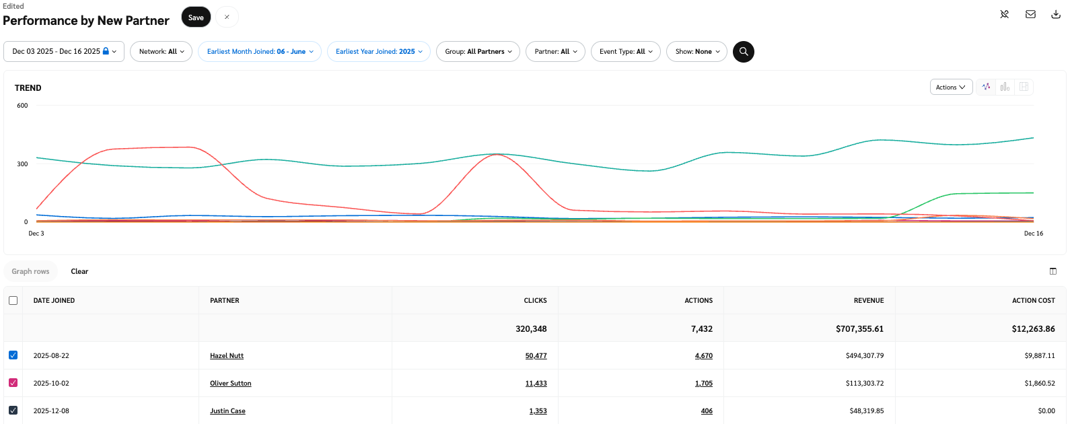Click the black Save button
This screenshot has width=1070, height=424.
click(x=196, y=17)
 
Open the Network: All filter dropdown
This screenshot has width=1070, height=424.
click(x=162, y=52)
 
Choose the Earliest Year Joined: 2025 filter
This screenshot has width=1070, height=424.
click(x=379, y=52)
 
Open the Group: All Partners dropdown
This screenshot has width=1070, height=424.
click(x=478, y=52)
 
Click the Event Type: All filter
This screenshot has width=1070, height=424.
click(x=626, y=52)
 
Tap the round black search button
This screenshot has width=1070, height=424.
click(x=744, y=52)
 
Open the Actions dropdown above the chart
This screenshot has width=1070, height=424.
click(x=950, y=87)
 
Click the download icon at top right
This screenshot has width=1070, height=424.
click(x=1056, y=14)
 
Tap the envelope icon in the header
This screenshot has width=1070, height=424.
click(x=1030, y=14)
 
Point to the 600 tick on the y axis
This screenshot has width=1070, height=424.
click(x=22, y=106)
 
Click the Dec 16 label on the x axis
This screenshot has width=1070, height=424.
click(x=1033, y=234)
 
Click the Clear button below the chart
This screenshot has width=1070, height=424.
click(x=79, y=272)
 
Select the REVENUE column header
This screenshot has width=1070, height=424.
click(x=869, y=301)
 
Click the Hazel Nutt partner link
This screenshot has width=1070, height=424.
click(x=227, y=356)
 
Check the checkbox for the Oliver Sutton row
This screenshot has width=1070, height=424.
click(x=13, y=383)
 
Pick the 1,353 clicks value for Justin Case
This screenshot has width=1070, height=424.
click(x=538, y=411)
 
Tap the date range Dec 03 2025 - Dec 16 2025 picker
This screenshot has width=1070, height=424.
click(x=64, y=52)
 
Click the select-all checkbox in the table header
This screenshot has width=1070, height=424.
click(x=13, y=301)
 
